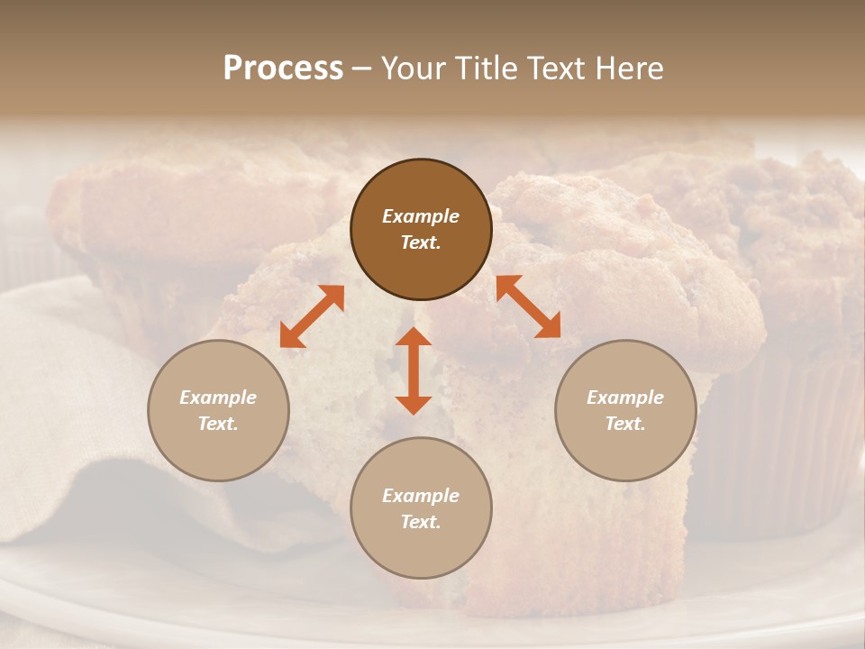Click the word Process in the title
click(x=283, y=69)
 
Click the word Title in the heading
click(x=485, y=69)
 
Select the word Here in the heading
click(x=627, y=69)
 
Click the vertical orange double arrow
click(x=414, y=371)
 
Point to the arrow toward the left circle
click(x=312, y=316)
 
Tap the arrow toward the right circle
click(x=528, y=306)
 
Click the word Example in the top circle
click(x=421, y=216)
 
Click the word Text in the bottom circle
click(x=421, y=522)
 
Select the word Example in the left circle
click(x=218, y=398)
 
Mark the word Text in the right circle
click(x=625, y=424)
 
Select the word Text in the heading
click(x=554, y=69)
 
